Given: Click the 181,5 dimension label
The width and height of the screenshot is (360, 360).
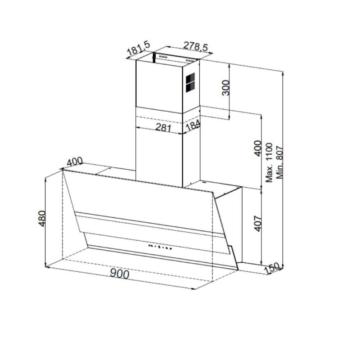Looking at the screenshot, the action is (x=139, y=48).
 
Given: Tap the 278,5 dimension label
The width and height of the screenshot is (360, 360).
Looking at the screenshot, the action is (x=195, y=46).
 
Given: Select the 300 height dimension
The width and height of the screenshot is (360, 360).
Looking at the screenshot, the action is (x=226, y=87).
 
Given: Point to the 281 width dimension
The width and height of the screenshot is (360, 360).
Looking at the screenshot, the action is (x=163, y=127).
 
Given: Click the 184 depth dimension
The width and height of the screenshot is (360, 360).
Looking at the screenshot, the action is (x=193, y=126).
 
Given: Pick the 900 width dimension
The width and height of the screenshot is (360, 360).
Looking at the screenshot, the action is (x=119, y=274).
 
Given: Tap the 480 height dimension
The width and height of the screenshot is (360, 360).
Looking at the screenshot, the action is (x=42, y=219).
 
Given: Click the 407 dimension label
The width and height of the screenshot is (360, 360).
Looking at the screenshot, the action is (x=258, y=223).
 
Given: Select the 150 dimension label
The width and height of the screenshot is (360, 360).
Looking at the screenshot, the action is (x=272, y=268).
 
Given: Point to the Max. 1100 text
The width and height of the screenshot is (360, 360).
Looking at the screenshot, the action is (x=269, y=162).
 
